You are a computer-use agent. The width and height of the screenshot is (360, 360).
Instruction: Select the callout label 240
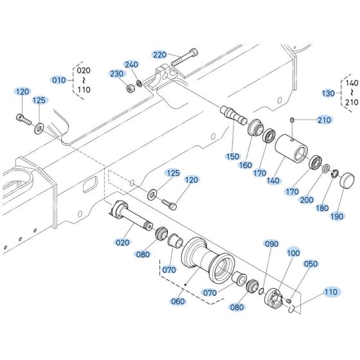[x=131, y=65]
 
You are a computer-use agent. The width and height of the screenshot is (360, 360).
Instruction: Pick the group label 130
[x=328, y=93]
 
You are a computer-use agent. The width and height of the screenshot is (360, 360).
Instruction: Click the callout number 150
[x=231, y=156]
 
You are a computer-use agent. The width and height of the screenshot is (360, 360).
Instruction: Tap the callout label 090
[x=272, y=244]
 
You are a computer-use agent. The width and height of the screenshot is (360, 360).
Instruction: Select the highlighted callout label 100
[x=293, y=253]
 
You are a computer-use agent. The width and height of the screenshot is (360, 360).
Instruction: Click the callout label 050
[x=310, y=264]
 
